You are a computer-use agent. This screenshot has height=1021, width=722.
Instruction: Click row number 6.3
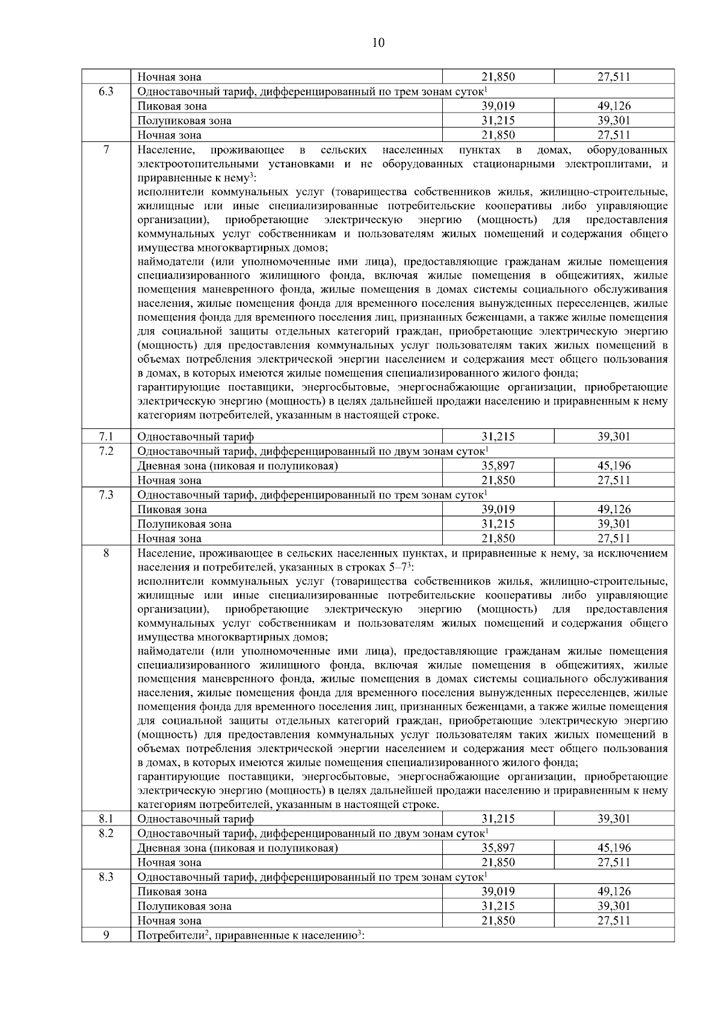[106, 91]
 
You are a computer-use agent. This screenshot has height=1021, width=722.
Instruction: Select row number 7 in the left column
[106, 150]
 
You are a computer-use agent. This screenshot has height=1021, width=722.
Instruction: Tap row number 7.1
[106, 437]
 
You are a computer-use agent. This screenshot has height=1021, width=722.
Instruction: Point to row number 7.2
[106, 451]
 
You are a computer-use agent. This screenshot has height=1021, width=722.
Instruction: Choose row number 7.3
[106, 495]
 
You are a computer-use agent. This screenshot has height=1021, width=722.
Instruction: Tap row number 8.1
[106, 819]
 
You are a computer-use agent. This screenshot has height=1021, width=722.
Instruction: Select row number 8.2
[106, 833]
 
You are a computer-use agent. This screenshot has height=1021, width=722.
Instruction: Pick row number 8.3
[106, 877]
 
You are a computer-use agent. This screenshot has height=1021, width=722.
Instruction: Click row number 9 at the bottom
[106, 936]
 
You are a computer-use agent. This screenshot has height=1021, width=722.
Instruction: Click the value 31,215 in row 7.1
[498, 437]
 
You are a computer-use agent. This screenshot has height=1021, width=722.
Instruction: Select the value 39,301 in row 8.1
[614, 819]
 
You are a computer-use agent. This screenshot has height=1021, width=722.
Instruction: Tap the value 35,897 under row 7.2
[498, 466]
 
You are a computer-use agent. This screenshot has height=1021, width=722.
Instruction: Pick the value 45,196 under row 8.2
[614, 848]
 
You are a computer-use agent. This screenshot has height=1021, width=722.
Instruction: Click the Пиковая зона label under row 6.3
[172, 106]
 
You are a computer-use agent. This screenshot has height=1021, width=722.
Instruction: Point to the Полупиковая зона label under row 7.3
[184, 524]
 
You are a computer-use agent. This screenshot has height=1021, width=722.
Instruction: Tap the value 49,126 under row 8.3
[614, 892]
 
